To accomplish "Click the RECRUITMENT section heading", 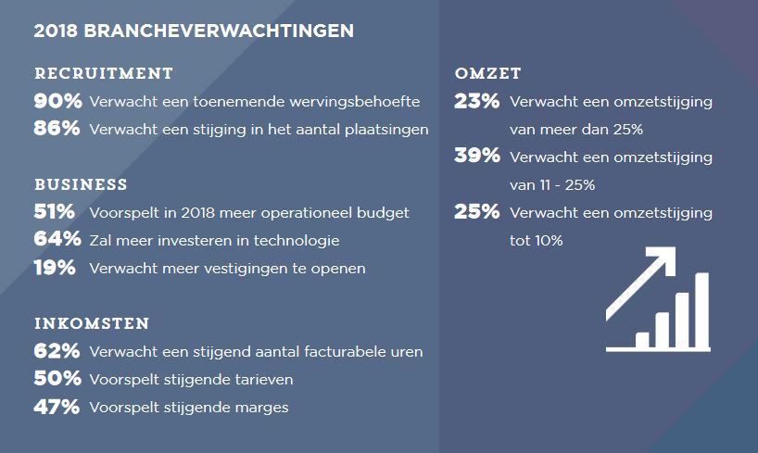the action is point(104,73).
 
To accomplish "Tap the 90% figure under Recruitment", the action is point(57,101).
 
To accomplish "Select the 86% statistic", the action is point(57,129).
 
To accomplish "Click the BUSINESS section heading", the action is point(81,184).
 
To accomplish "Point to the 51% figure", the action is point(54,212).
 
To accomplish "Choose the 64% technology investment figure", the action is point(57,239).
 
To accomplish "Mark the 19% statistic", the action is point(54,268).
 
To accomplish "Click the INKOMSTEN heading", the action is point(92,323).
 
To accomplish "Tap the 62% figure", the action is point(57,350).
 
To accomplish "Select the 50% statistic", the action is point(57,379).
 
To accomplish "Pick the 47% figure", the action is point(57,407).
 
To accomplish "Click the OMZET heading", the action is point(487,73).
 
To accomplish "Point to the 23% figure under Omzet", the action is point(476,101).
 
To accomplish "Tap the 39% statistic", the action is point(477,156).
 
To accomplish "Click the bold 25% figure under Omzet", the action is point(476,211).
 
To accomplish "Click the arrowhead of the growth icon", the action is point(665,258).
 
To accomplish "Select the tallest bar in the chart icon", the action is point(701,310).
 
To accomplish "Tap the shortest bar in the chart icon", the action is point(642,340).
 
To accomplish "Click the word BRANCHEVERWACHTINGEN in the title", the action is point(219,31).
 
